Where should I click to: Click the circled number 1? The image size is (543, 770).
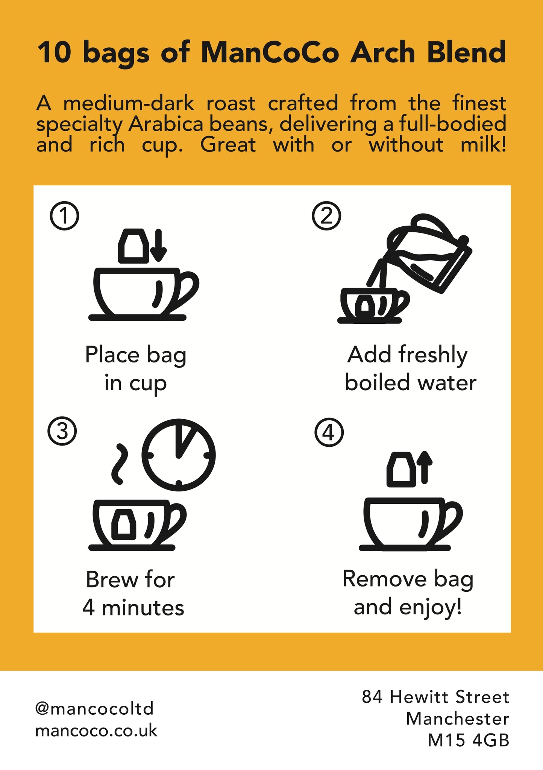[x=64, y=216]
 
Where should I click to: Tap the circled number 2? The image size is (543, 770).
[x=326, y=216]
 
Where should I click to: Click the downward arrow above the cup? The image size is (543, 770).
[x=158, y=245]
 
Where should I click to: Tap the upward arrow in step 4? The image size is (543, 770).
[x=425, y=467]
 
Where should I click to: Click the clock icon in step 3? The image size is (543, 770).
[x=179, y=455]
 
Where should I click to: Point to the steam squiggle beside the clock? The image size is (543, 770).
[x=120, y=464]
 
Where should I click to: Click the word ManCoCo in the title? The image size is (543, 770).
[x=270, y=53]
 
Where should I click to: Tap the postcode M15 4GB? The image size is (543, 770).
[x=468, y=741]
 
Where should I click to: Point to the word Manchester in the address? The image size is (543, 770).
[x=458, y=719]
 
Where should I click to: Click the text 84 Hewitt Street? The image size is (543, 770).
[x=435, y=697]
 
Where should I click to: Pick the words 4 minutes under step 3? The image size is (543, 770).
[x=133, y=608]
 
